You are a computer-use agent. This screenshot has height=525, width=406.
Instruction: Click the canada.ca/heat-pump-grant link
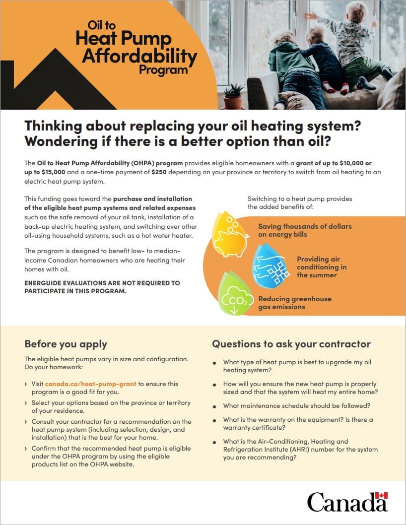(x=91, y=384)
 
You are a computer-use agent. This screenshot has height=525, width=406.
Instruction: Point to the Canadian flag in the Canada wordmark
(x=381, y=495)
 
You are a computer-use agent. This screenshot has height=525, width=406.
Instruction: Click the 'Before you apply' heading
(x=66, y=344)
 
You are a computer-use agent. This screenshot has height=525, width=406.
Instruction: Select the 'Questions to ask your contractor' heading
(x=291, y=344)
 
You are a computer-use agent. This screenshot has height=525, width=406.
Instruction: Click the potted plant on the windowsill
(x=233, y=97)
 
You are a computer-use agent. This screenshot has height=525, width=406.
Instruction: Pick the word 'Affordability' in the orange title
(x=139, y=56)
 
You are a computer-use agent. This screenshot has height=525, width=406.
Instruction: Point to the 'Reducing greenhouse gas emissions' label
(x=294, y=303)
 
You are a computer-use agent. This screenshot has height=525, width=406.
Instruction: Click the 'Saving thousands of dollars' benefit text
(x=305, y=226)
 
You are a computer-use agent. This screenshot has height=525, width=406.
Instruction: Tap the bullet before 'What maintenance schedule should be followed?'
(x=214, y=406)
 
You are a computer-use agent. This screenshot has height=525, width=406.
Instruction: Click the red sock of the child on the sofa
(x=343, y=90)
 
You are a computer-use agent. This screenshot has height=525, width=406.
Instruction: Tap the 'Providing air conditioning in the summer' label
(x=322, y=267)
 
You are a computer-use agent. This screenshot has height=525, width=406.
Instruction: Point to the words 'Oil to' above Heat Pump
(x=101, y=25)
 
